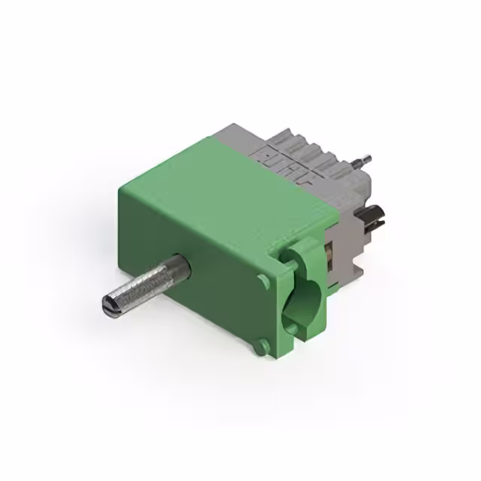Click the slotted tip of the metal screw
[108, 304]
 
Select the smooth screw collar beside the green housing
[176, 268]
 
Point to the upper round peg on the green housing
[262, 281]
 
